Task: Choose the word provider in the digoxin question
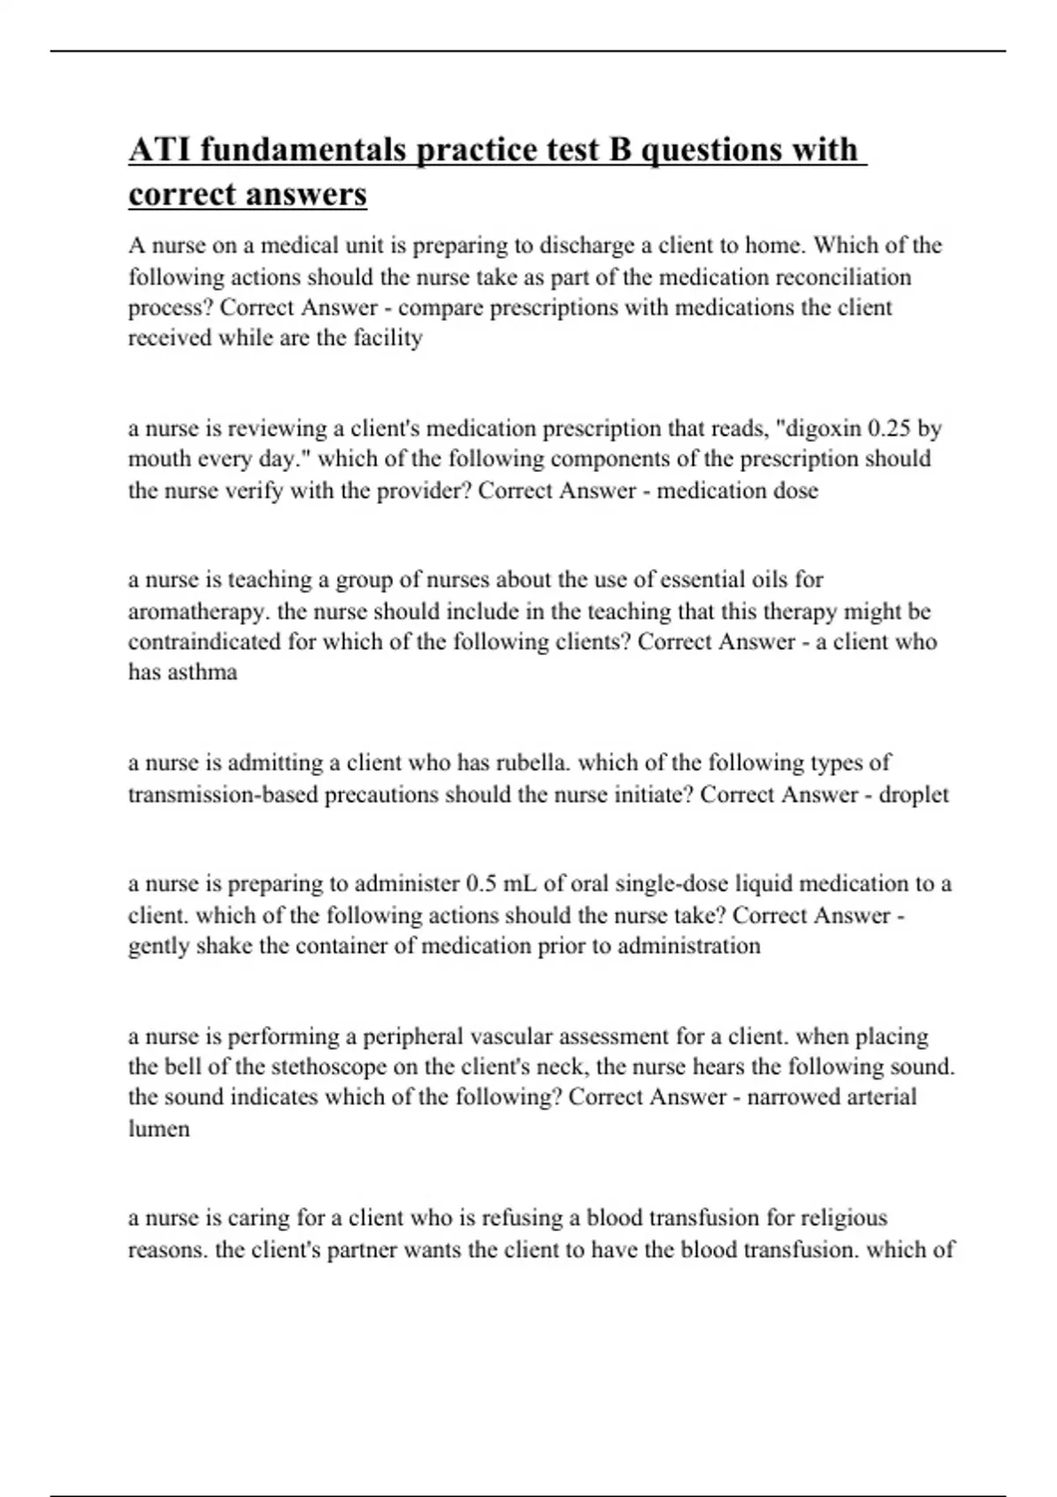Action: point(423,490)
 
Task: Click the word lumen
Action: point(159,1129)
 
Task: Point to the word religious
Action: point(843,1219)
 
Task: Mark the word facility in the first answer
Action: point(388,338)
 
